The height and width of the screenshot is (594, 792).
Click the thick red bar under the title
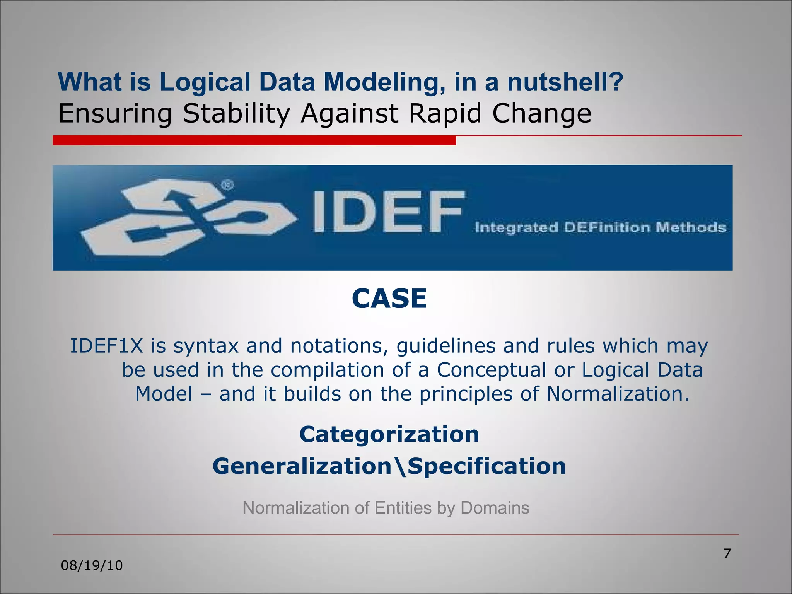click(x=254, y=140)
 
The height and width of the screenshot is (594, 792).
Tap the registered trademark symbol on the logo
click(x=227, y=186)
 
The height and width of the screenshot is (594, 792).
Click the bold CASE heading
click(x=389, y=299)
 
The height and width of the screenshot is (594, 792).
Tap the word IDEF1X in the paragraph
click(x=107, y=346)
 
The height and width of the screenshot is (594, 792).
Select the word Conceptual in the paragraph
click(x=491, y=370)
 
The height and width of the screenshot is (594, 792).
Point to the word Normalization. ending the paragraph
click(x=618, y=394)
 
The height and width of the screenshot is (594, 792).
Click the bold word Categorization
click(x=389, y=434)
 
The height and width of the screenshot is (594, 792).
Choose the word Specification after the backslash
click(x=487, y=466)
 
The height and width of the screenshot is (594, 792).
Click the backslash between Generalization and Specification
click(x=400, y=466)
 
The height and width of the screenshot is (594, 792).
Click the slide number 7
click(x=727, y=553)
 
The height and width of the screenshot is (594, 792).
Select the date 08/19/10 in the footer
click(x=92, y=565)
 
